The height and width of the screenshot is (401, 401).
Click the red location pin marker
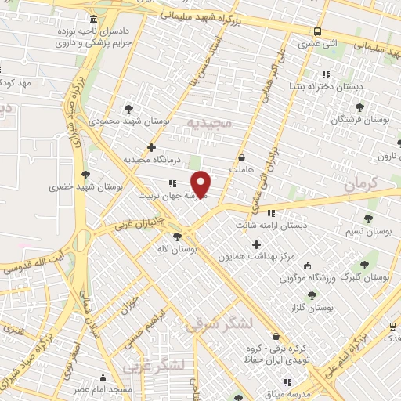[201, 184]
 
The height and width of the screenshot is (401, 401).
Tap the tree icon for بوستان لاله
[178, 235]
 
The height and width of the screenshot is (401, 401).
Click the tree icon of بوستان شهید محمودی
[129, 108]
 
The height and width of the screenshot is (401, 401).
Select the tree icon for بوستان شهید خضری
[85, 175]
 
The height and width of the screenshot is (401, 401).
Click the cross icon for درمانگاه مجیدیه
[151, 146]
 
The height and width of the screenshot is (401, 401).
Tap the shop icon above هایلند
[240, 157]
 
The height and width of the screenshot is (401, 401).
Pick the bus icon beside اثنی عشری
[317, 32]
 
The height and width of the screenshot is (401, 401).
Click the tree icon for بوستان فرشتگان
[359, 107]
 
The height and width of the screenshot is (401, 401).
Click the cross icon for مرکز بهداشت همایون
[255, 244]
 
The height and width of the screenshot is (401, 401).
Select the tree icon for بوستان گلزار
[312, 295]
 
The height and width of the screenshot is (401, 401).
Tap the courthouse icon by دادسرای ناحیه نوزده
[94, 19]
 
